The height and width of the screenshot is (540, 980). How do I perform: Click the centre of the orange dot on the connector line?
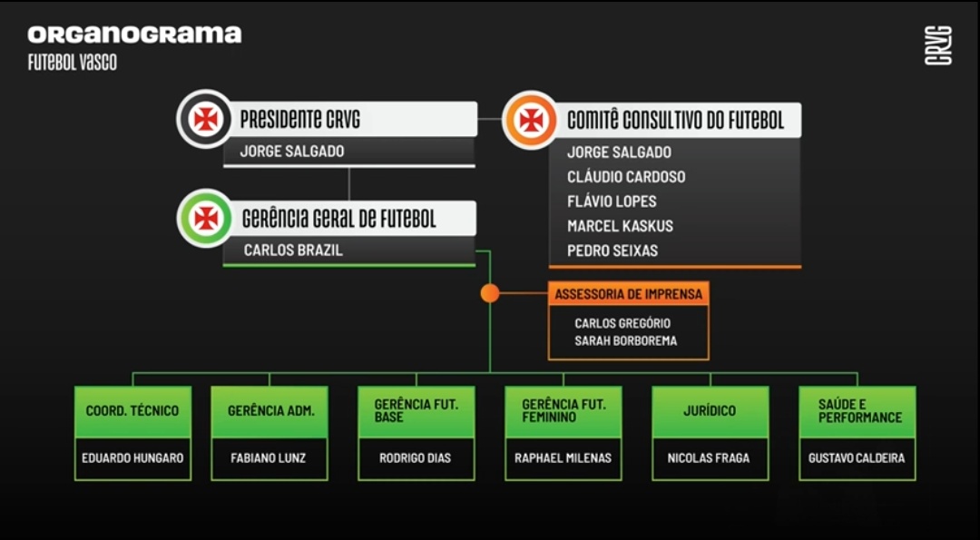[489, 292]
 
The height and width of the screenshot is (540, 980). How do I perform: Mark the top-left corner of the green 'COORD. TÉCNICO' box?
[75, 387]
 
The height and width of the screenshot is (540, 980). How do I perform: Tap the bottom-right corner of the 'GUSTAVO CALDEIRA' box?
[916, 480]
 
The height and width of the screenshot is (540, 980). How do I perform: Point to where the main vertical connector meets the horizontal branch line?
[489, 373]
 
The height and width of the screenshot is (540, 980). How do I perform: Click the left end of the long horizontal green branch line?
[132, 373]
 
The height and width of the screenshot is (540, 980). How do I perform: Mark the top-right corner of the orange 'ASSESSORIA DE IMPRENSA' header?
[709, 282]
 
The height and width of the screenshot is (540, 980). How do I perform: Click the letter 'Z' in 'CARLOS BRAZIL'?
[328, 250]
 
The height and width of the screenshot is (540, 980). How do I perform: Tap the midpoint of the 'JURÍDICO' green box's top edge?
[710, 387]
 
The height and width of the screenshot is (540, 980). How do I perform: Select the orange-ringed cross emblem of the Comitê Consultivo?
[530, 120]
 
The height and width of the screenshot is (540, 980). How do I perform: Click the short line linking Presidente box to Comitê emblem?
[489, 119]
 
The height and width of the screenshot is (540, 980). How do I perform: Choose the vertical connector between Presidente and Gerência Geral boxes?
[348, 184]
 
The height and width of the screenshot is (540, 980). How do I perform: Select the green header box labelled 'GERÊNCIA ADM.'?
[269, 412]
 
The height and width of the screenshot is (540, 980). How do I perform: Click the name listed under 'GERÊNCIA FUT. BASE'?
[415, 458]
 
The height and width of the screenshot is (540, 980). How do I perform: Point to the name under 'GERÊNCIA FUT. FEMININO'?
[563, 458]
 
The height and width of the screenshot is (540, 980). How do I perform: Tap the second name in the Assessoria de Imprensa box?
[625, 341]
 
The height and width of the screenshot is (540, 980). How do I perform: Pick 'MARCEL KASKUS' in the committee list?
[620, 226]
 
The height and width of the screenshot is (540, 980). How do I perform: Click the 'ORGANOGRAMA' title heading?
[134, 34]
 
